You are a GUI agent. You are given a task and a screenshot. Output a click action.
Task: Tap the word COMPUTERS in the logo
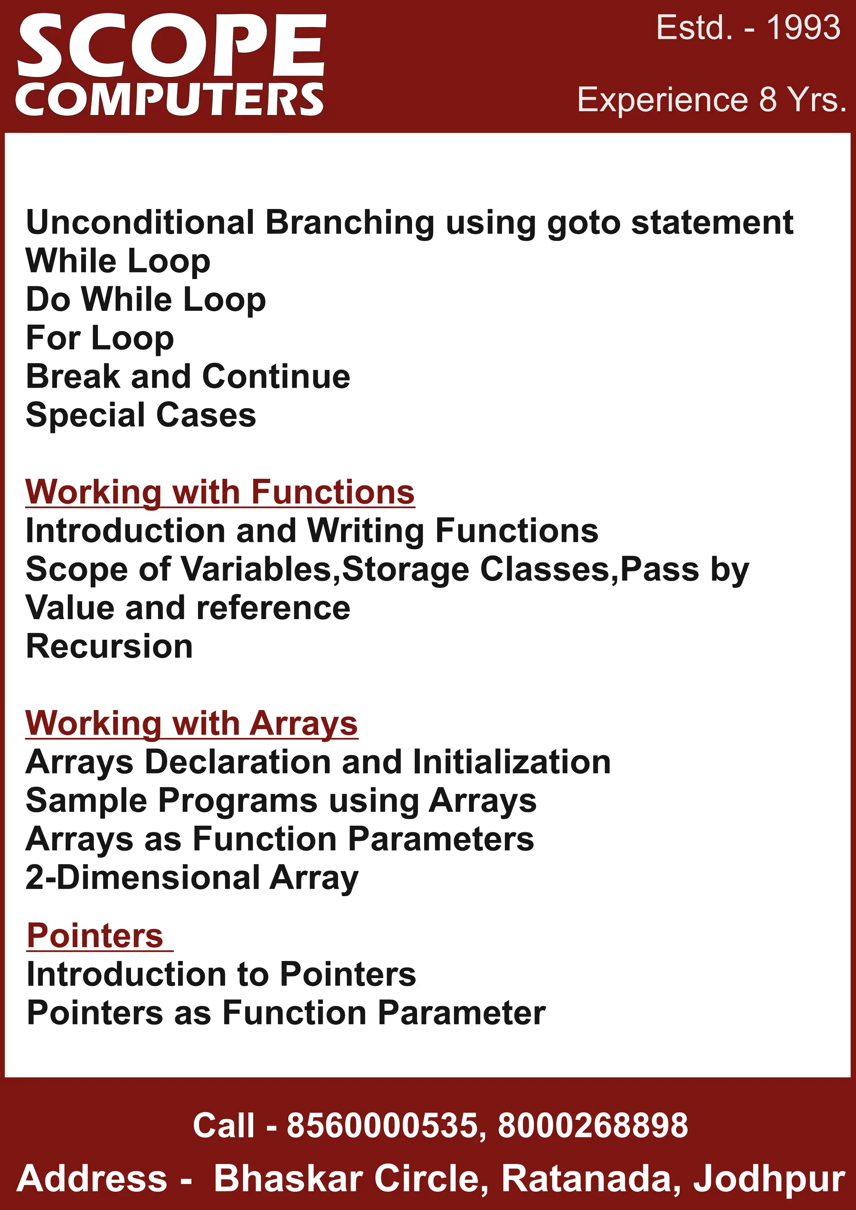(x=170, y=99)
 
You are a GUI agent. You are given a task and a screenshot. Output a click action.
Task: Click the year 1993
(x=803, y=28)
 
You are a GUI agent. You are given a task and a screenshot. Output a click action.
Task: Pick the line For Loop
(x=99, y=338)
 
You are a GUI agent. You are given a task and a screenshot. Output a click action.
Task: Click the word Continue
(x=276, y=376)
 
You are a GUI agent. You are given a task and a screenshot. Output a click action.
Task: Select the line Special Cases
(x=141, y=415)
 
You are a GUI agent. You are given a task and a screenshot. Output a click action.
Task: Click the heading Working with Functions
(x=220, y=492)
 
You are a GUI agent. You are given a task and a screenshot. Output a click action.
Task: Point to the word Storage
(x=405, y=569)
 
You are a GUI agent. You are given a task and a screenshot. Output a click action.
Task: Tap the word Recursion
(x=109, y=647)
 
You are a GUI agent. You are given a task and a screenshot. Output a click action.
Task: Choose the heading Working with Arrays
(x=191, y=723)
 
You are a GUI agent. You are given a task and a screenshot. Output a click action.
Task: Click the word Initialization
(x=511, y=762)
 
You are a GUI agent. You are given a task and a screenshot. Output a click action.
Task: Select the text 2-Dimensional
(x=142, y=877)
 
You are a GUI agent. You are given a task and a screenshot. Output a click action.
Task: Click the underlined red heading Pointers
(x=95, y=936)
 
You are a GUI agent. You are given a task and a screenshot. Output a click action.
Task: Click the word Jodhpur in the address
(x=769, y=1179)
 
